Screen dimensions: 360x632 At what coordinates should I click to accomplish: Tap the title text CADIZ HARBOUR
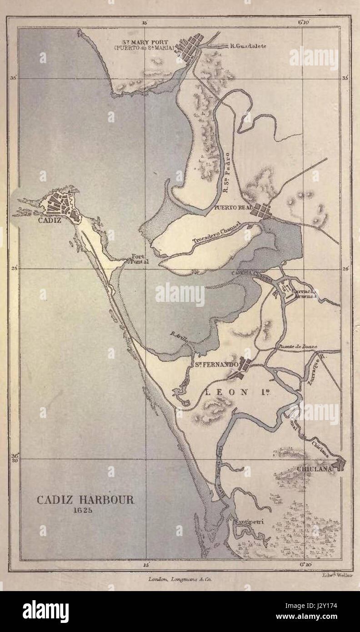coord(85,500)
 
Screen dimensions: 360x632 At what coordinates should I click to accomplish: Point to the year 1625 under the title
coord(85,510)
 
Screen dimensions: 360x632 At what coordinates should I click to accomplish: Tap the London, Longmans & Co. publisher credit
coord(180,579)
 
